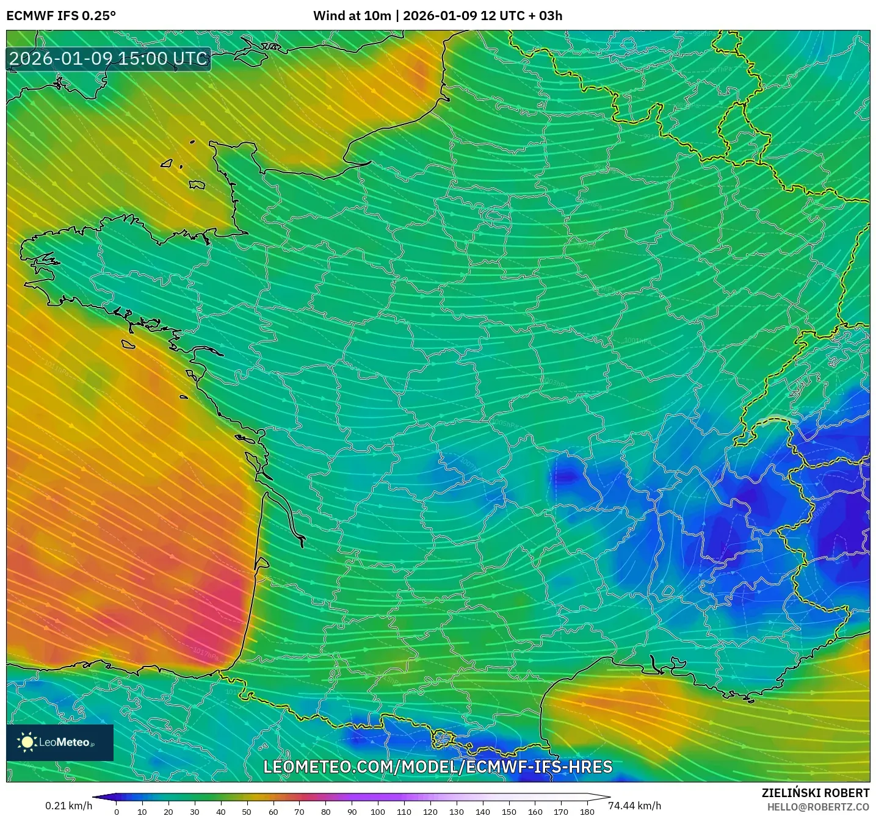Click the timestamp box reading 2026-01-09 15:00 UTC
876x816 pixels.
click(109, 59)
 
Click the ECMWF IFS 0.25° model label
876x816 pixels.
click(61, 16)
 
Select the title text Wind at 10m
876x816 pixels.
click(352, 16)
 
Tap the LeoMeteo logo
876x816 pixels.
click(60, 742)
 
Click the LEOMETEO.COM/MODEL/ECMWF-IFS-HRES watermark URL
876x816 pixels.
click(438, 767)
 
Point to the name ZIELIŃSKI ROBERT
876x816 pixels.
click(815, 793)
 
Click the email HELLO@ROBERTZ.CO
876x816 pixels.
click(818, 807)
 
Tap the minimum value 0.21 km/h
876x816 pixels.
click(68, 806)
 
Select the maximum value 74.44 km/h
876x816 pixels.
click(635, 806)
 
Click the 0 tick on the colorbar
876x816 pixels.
click(117, 812)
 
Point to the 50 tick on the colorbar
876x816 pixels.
click(247, 812)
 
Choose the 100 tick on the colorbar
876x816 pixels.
click(377, 812)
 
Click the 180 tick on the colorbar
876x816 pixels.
click(587, 812)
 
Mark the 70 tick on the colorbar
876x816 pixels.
click(299, 812)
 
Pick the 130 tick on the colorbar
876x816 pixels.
click(456, 812)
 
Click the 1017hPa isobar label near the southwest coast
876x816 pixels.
click(206, 654)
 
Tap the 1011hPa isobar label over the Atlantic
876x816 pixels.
click(57, 367)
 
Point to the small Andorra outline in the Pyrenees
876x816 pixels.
click(441, 739)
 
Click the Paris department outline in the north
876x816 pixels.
click(498, 215)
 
